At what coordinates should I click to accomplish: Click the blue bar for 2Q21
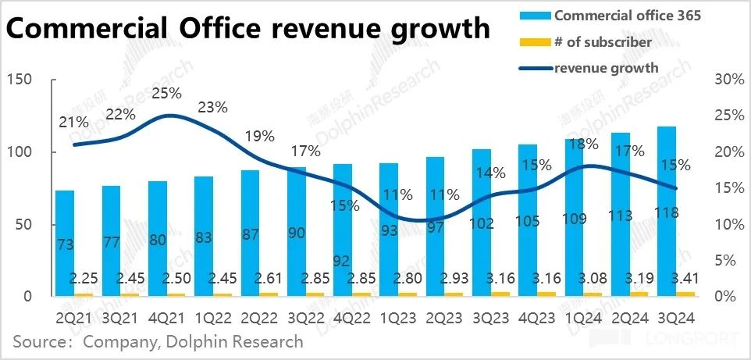(x=65, y=243)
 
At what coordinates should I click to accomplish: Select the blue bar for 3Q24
(x=667, y=211)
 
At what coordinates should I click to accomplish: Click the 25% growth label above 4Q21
(x=167, y=94)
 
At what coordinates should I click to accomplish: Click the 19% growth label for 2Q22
(x=259, y=136)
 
